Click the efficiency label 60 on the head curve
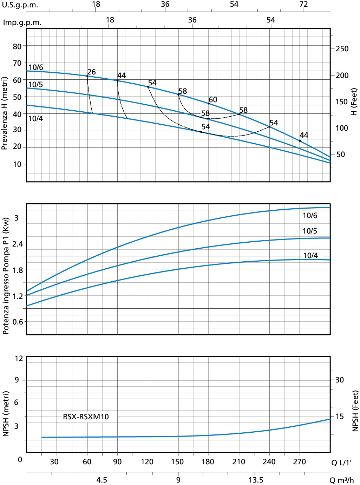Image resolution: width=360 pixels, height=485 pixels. [213, 100]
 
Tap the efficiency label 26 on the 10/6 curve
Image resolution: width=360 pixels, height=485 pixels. [91, 72]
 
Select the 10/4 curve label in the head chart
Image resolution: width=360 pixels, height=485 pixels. [35, 119]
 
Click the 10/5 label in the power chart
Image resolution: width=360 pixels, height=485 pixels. [310, 231]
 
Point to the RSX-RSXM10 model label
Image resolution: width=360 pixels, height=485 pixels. [86, 417]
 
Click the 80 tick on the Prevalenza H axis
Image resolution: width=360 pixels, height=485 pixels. [17, 46]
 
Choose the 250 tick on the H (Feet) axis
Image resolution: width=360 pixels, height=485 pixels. [342, 49]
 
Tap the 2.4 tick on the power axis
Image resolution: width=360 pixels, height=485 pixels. [18, 244]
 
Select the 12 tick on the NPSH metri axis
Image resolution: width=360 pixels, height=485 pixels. [19, 359]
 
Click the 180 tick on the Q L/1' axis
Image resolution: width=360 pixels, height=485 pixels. [208, 462]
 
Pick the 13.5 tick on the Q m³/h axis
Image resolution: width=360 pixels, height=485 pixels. [256, 480]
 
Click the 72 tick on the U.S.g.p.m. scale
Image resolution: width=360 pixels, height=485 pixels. [303, 4]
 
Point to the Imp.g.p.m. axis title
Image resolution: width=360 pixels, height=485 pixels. [22, 22]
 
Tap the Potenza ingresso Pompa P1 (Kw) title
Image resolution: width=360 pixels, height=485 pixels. [6, 276]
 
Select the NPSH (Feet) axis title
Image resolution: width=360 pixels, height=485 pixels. [355, 411]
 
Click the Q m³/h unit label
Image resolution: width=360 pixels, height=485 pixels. [341, 480]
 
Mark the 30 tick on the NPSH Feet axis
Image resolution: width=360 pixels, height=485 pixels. [339, 380]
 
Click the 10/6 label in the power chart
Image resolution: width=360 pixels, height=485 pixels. [310, 216]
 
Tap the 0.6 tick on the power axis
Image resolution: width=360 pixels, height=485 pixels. [18, 322]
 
